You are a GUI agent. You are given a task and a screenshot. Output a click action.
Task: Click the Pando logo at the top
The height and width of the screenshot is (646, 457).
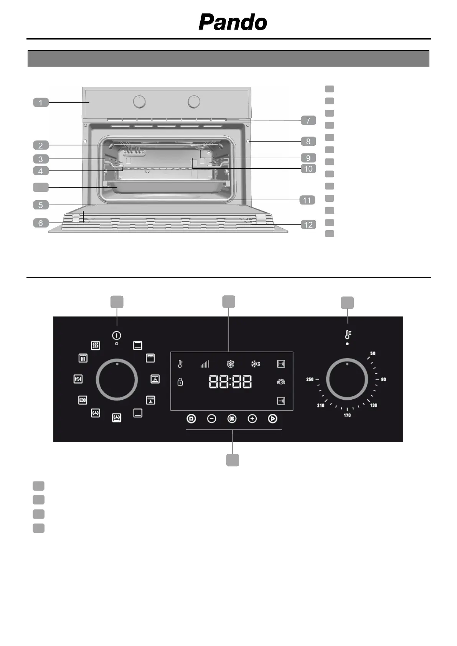[233, 22]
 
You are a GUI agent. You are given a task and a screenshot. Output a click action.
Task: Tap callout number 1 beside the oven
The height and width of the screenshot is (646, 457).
[41, 102]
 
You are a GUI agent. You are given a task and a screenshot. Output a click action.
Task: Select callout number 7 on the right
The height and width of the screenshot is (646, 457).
[308, 120]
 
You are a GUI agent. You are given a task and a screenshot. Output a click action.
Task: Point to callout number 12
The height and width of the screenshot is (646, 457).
[309, 224]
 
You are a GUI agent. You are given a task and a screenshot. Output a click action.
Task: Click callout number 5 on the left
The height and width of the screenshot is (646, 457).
[41, 205]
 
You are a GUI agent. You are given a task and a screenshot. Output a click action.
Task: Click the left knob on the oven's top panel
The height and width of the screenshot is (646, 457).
[140, 102]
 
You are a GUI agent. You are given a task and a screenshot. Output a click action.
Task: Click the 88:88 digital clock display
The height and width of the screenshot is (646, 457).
[230, 382]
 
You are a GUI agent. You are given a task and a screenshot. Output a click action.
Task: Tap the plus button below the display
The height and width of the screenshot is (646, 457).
[252, 419]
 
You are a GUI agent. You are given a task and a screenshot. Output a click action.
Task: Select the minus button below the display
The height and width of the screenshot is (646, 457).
[211, 419]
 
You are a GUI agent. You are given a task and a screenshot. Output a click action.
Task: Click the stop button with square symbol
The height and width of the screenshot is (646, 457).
[191, 419]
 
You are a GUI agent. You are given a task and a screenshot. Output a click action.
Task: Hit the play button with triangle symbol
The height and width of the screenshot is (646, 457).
[272, 419]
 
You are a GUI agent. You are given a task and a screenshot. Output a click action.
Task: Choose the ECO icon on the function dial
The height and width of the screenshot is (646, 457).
[82, 400]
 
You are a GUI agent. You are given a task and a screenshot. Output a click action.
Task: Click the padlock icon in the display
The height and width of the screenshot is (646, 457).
[180, 382]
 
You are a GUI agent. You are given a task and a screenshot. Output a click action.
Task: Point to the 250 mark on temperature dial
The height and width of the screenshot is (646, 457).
[310, 379]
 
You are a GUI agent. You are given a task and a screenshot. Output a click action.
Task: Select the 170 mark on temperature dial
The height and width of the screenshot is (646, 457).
[347, 415]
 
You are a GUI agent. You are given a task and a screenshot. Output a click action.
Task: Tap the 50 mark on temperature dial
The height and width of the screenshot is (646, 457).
[373, 353]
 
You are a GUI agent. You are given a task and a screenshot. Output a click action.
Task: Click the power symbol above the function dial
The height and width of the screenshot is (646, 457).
[117, 335]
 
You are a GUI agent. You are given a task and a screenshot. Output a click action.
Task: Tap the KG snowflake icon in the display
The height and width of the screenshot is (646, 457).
[256, 364]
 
